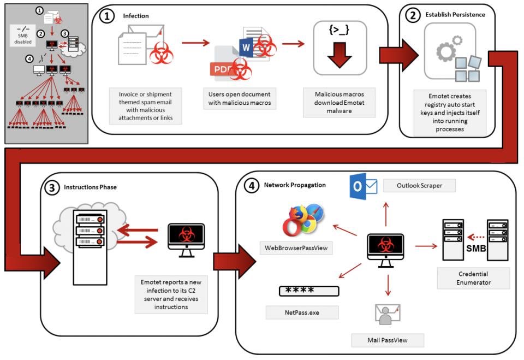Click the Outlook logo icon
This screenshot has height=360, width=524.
tap(364, 186)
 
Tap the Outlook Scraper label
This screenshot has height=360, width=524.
tap(419, 185)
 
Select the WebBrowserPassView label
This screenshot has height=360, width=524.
tap(296, 248)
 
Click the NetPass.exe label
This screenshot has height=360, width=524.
tap(302, 312)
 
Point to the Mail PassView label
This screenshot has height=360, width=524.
tap(388, 340)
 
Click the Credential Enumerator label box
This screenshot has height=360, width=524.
tap(474, 278)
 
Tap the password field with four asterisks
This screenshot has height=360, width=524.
tap(309, 291)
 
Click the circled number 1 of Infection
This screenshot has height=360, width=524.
tap(107, 16)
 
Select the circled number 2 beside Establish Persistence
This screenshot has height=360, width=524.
tap(413, 15)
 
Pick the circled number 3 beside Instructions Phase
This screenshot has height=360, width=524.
tap(51, 188)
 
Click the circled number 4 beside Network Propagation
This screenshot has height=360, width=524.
tap(251, 185)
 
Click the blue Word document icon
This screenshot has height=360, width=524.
tap(246, 47)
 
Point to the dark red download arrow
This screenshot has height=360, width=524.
tap(340, 55)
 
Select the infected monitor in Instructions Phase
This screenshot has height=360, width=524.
tap(186, 240)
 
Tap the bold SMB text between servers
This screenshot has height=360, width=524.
tap(476, 248)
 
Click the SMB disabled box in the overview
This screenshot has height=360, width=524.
tap(23, 36)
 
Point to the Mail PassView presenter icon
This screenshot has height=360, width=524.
tap(388, 314)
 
